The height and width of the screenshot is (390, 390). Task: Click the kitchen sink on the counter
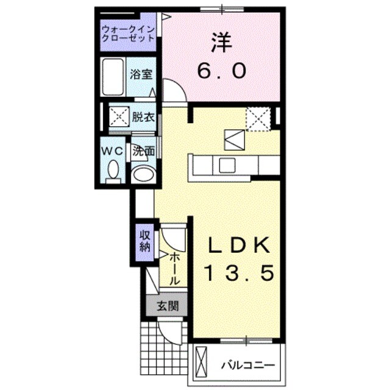pyautogui.click(x=228, y=164)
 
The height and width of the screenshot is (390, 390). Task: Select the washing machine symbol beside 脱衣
pyautogui.click(x=118, y=116)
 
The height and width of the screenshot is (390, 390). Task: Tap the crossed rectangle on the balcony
pyautogui.click(x=202, y=363)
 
